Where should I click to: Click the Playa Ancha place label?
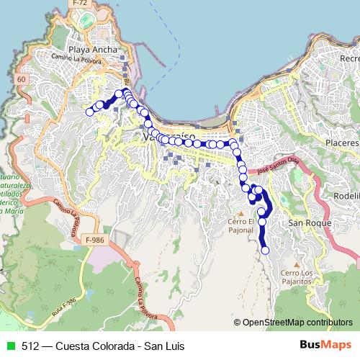pos(89,50)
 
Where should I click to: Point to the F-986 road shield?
pos(94,239)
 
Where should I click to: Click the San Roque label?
pos(310,223)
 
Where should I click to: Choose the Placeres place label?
pos(342,143)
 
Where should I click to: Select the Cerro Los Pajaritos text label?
pos(297,277)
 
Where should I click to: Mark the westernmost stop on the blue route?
pos(89,112)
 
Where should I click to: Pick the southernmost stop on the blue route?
pos(265,250)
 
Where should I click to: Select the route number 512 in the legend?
pos(30,346)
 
